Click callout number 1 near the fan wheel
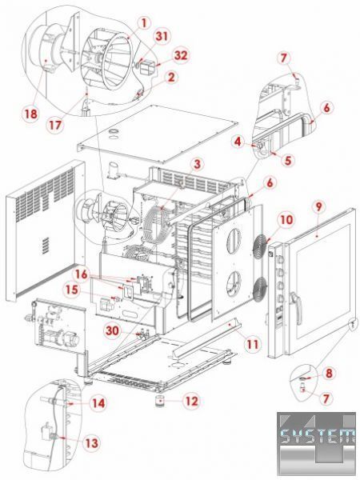[x=144, y=22]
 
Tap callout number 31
[x=162, y=36]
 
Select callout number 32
[x=181, y=55]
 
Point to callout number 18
[x=31, y=114]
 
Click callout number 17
[x=55, y=125]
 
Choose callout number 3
[x=198, y=164]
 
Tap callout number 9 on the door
[x=318, y=207]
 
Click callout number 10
[x=286, y=220]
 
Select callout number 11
[x=253, y=344]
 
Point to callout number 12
[x=192, y=401]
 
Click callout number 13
[x=91, y=443]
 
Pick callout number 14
[x=98, y=403]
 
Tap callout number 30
[x=112, y=331]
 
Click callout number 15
[x=72, y=290]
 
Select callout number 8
[x=329, y=373]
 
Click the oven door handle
[x=295, y=301]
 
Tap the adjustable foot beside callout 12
[x=160, y=401]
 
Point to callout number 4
[x=238, y=142]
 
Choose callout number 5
[x=288, y=160]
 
